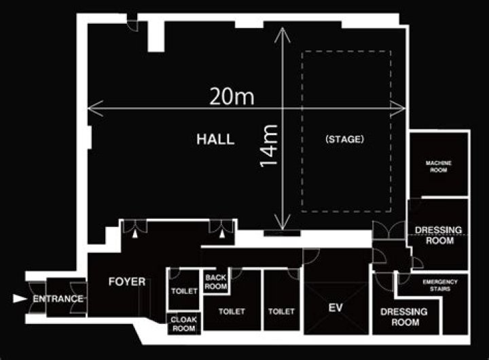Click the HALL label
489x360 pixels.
[215, 139]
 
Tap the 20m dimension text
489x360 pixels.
[232, 96]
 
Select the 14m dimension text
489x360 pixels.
[269, 145]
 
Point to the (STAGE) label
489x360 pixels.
[344, 139]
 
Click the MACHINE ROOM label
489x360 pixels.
[439, 166]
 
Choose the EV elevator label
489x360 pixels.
[336, 308]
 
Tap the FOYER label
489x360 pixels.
[127, 282]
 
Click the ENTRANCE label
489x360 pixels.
[58, 299]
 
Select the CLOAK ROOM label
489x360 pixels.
[183, 324]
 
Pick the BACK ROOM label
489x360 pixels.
[216, 282]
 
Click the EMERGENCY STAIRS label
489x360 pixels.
[440, 285]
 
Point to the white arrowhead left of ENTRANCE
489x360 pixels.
[20, 299]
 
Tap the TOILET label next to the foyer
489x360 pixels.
[184, 291]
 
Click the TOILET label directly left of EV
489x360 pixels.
[281, 311]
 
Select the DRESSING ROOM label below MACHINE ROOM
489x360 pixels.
[439, 235]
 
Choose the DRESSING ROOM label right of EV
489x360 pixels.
[404, 317]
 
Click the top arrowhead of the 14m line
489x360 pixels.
[283, 35]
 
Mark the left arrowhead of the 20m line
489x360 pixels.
[95, 108]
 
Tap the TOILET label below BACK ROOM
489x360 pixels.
[232, 311]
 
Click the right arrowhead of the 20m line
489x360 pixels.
[398, 109]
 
